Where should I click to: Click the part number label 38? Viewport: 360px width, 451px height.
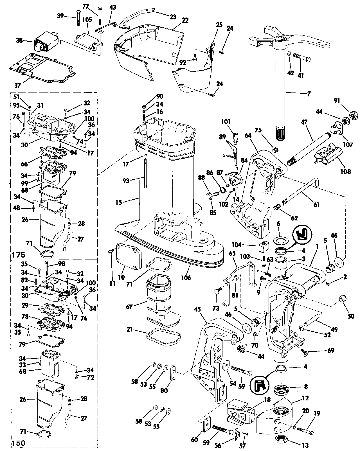tap(19, 40)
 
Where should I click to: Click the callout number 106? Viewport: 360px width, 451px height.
tap(186, 278)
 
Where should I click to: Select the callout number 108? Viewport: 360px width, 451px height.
tap(345, 171)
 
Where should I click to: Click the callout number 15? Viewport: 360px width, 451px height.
tap(119, 202)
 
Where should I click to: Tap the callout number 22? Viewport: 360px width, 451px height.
tap(185, 21)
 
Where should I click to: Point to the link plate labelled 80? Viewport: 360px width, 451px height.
tap(173, 377)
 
